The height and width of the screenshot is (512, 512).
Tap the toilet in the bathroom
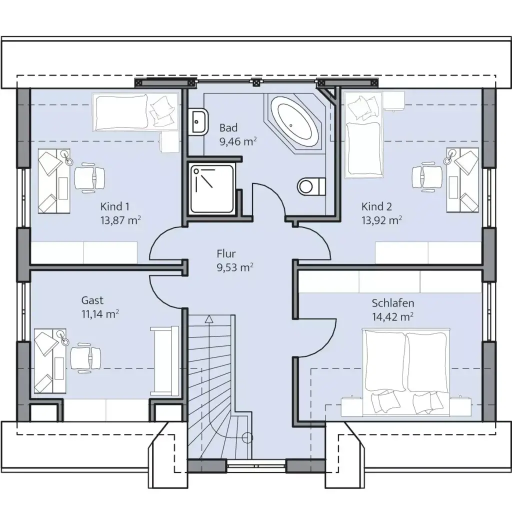[x=311, y=187]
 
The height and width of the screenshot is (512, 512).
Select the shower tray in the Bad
[x=212, y=188]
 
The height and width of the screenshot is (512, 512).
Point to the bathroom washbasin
[x=198, y=121]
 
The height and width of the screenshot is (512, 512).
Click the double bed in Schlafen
[x=406, y=372]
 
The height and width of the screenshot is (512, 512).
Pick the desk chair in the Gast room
[x=85, y=357]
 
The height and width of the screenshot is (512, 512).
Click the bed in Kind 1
[x=135, y=112]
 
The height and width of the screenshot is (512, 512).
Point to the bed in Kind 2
[x=363, y=134]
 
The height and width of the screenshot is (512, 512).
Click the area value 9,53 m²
[x=235, y=267]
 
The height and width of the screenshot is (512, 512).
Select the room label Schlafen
[x=393, y=303]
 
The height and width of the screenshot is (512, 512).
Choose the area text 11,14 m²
[x=100, y=314]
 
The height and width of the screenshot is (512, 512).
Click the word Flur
[x=226, y=253]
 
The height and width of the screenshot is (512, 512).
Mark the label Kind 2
[x=376, y=206]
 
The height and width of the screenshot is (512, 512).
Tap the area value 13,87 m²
[x=120, y=220]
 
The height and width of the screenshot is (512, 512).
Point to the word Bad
[x=228, y=127]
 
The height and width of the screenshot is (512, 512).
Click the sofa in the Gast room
[x=164, y=361]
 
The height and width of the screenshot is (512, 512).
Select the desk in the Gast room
[x=50, y=361]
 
